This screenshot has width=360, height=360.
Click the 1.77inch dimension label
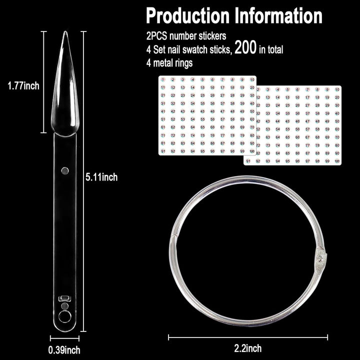tap(23, 86)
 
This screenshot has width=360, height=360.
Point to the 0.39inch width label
tap(64, 349)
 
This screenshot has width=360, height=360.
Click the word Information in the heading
tap(278, 16)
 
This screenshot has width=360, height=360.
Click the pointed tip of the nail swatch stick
tap(65, 34)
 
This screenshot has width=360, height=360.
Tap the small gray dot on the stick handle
tap(64, 170)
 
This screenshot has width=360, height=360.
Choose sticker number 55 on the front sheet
tap(202, 119)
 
